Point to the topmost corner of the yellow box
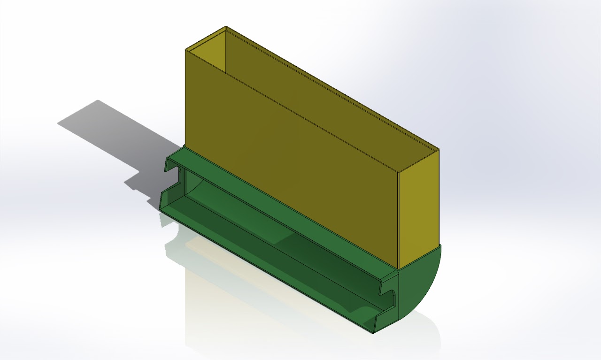tap(226, 26)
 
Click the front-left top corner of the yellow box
tap(186, 49)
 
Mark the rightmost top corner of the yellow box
tap(439, 150)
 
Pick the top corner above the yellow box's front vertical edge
tap(398, 172)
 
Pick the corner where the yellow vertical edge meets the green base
tap(398, 269)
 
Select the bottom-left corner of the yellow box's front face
tap(186, 146)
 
